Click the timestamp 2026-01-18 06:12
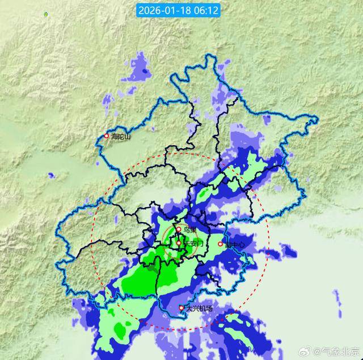pyautogui.click(x=178, y=10)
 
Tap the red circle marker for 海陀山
pyautogui.click(x=105, y=136)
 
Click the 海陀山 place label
pyautogui.click(x=120, y=137)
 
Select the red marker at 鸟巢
pyautogui.click(x=178, y=230)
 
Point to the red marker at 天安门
pyautogui.click(x=179, y=243)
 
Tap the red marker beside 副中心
pyautogui.click(x=221, y=244)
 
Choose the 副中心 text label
pyautogui.click(x=234, y=245)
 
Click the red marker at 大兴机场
pyautogui.click(x=181, y=308)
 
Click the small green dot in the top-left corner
pyautogui.click(x=46, y=13)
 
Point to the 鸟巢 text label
pyautogui.click(x=190, y=230)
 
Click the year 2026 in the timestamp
pyautogui.click(x=149, y=10)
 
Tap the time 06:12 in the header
pyautogui.click(x=207, y=10)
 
